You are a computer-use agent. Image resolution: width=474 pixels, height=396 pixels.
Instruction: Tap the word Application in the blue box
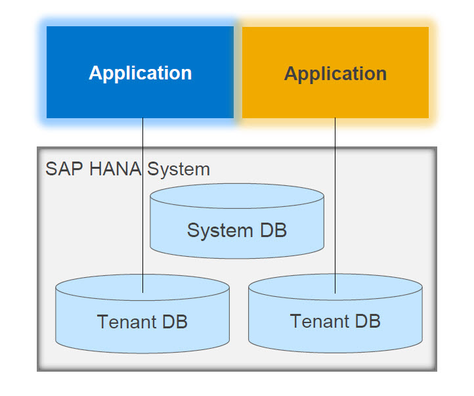(x=140, y=73)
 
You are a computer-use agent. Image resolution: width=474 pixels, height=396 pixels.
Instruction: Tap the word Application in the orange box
(x=335, y=74)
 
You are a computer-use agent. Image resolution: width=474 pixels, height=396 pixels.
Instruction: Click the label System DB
(x=237, y=231)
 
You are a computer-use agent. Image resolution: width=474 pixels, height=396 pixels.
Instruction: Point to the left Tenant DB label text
(x=142, y=322)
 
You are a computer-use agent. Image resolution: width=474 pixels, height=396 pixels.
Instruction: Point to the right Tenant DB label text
(x=335, y=321)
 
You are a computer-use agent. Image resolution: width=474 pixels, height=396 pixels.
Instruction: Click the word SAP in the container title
(x=60, y=169)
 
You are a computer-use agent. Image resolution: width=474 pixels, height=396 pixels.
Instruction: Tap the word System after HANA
(x=179, y=169)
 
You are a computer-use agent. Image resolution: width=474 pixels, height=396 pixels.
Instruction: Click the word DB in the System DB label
(x=272, y=231)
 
